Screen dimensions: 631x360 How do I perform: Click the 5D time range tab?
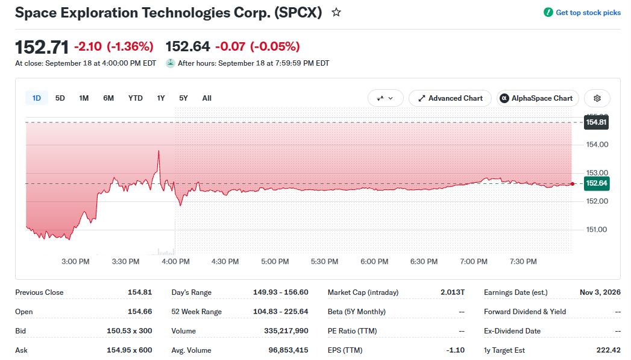click(60, 98)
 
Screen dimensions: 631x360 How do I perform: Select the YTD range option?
click(135, 98)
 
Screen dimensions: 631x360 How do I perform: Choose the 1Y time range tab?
click(161, 98)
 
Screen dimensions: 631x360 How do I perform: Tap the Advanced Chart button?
click(450, 98)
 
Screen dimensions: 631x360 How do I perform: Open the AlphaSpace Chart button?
click(538, 98)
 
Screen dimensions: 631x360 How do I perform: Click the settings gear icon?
click(597, 98)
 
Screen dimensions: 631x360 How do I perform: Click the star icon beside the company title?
click(336, 13)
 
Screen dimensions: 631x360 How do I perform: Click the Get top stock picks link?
click(582, 13)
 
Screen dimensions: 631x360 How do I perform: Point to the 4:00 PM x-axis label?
click(175, 261)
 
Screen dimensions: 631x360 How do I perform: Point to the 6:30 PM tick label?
click(424, 261)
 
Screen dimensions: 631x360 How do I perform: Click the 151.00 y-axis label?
click(597, 230)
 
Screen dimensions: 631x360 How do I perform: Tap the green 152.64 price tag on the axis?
click(597, 183)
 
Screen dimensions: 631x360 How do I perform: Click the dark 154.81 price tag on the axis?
click(596, 122)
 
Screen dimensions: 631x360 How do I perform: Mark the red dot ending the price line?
click(573, 184)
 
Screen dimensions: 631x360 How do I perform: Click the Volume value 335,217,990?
click(286, 331)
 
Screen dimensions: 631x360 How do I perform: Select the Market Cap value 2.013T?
click(453, 292)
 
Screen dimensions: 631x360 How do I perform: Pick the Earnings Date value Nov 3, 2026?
click(600, 292)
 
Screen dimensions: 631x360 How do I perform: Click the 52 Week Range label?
click(196, 312)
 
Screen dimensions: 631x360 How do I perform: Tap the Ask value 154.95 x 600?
click(129, 350)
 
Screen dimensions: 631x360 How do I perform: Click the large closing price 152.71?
click(42, 47)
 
